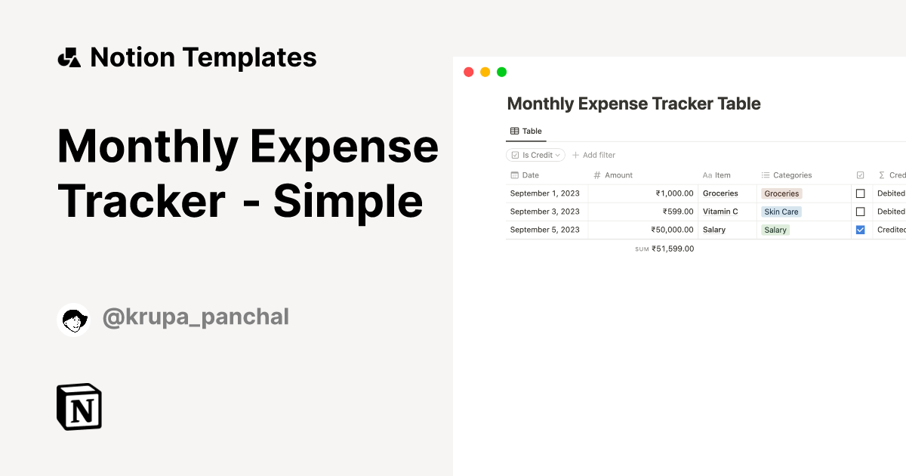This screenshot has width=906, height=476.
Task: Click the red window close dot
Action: click(x=468, y=72)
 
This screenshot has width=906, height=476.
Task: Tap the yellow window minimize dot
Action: click(x=485, y=72)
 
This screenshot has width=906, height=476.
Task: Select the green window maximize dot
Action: click(x=501, y=72)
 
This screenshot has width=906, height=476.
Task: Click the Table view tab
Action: click(x=525, y=131)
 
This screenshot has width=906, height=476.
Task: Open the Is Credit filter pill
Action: click(x=535, y=155)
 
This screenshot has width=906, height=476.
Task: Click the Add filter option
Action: click(x=593, y=155)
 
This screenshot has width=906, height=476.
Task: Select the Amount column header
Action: click(x=613, y=175)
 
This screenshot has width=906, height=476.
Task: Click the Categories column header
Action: click(x=787, y=175)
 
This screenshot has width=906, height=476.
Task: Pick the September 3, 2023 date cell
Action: click(x=545, y=212)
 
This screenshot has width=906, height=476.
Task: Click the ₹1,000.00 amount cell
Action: click(x=675, y=193)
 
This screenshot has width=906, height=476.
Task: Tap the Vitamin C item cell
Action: click(x=720, y=212)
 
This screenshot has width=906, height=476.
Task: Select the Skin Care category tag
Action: click(x=781, y=212)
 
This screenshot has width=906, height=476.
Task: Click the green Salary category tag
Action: click(x=775, y=230)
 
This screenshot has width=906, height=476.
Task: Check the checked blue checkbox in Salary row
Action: click(x=860, y=230)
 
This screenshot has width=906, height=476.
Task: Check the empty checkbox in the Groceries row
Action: click(x=860, y=193)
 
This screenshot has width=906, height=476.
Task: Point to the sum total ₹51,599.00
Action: click(x=673, y=249)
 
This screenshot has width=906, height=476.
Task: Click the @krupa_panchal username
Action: click(x=196, y=317)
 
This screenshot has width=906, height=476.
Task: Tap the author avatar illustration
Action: click(x=74, y=320)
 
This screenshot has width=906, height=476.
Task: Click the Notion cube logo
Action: click(x=79, y=406)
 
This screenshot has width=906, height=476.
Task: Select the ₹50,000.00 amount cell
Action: click(x=672, y=230)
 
